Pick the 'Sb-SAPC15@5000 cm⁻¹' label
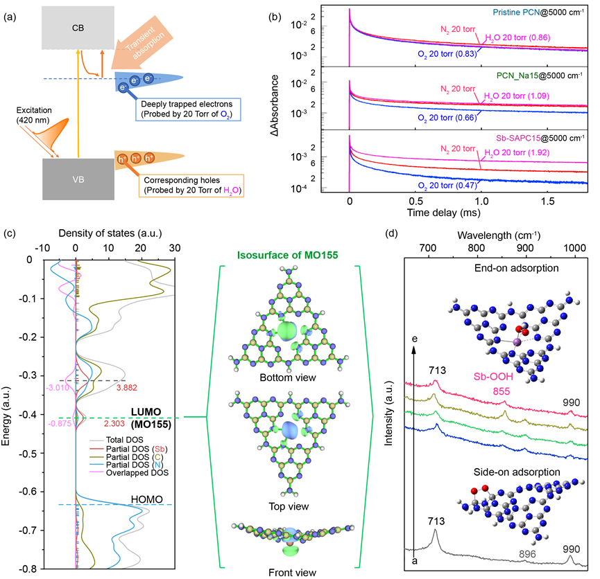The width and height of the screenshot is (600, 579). click(535, 139)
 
